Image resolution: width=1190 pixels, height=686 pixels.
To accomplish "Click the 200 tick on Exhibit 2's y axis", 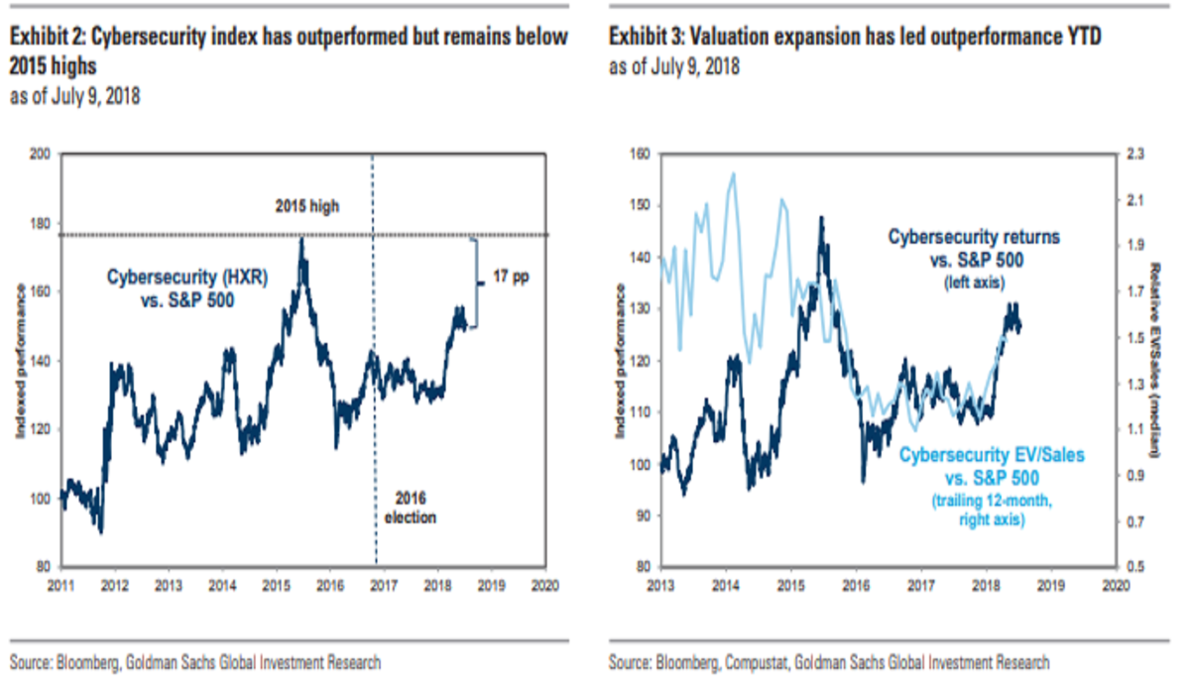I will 42,155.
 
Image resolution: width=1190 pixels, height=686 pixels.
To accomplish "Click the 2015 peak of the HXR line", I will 301,239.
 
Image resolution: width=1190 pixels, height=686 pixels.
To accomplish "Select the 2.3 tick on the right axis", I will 1132,155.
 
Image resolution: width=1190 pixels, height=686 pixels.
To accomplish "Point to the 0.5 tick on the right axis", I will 1132,568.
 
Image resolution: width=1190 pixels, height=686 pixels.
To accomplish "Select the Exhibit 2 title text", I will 289,51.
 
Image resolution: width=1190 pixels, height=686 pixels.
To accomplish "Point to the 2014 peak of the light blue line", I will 733,174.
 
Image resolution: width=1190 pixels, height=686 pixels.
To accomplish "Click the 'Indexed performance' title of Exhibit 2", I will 21,362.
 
